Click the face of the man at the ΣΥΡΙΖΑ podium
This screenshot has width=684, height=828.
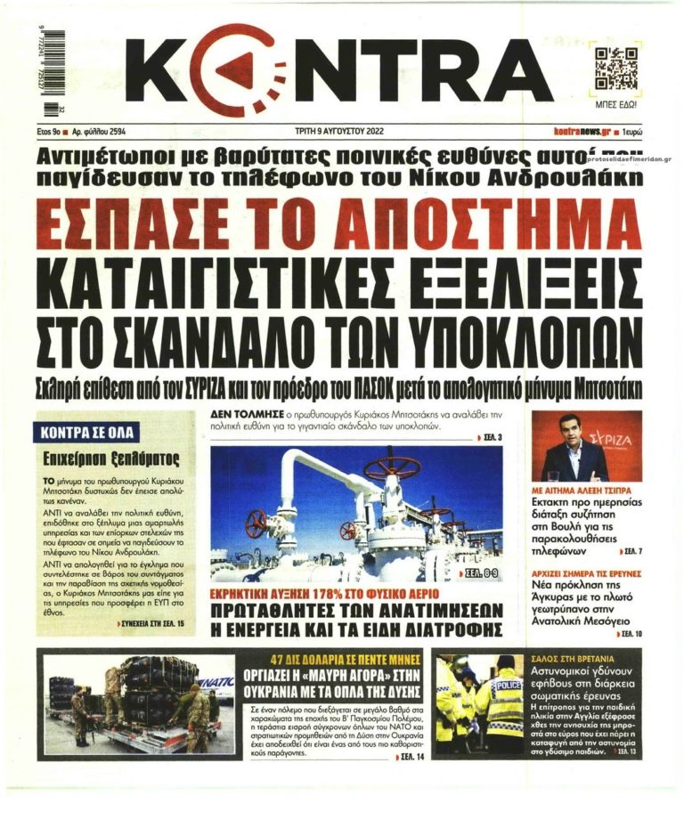pos(574,433)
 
